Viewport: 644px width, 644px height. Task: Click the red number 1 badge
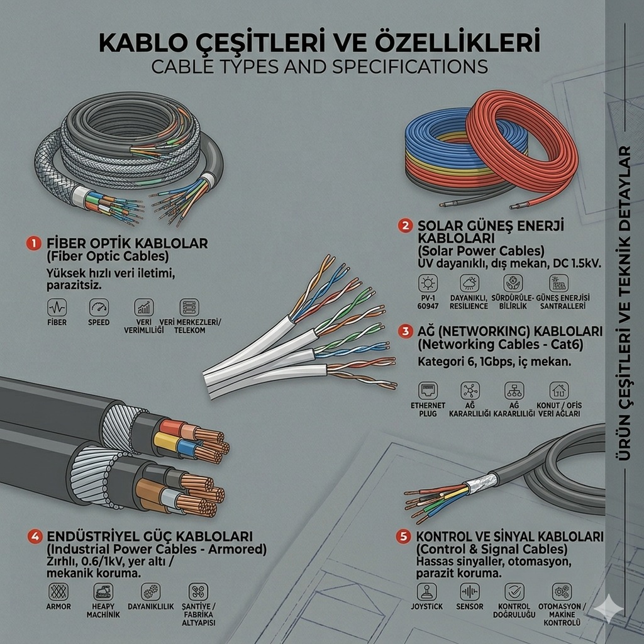point(34,243)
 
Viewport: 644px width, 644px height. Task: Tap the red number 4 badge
point(35,536)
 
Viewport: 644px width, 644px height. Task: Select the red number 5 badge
point(403,536)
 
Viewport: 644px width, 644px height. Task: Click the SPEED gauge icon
point(99,307)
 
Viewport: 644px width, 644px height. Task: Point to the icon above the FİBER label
point(57,307)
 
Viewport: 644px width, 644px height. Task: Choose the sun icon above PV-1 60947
point(428,284)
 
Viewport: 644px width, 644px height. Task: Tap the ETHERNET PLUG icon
point(428,391)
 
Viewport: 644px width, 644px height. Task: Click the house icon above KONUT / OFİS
point(559,391)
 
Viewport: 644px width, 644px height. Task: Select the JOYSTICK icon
point(427,592)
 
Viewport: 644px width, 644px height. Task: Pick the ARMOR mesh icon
point(58,592)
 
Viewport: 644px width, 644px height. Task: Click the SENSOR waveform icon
point(470,592)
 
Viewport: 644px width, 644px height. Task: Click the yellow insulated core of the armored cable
point(166,443)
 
